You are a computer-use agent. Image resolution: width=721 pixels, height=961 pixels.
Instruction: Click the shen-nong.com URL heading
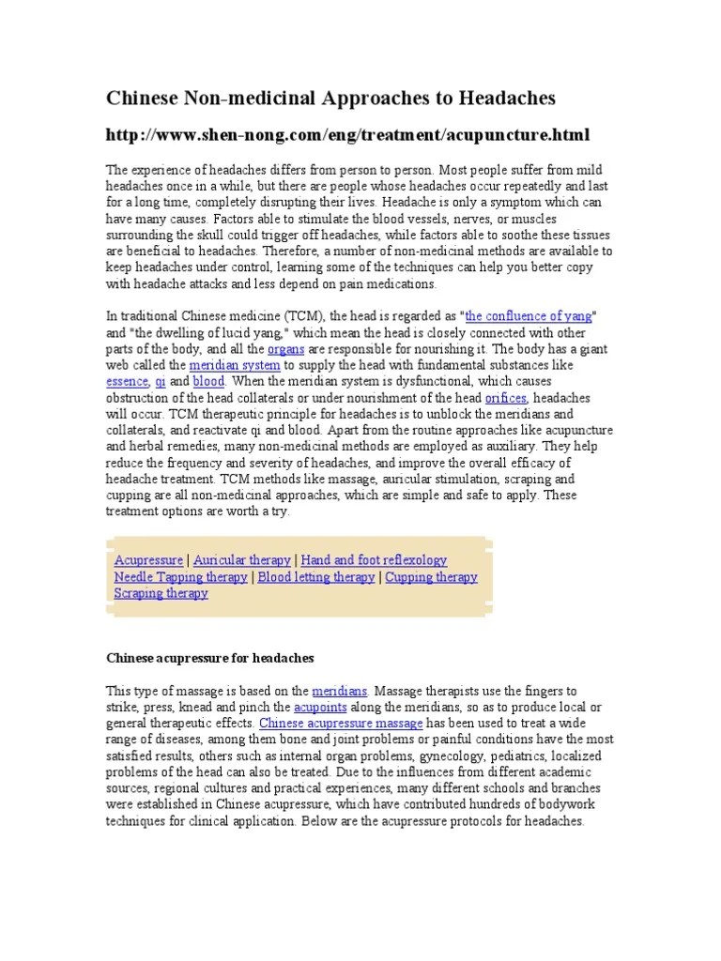pos(347,135)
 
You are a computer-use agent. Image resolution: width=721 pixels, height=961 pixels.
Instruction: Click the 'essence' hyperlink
pos(127,381)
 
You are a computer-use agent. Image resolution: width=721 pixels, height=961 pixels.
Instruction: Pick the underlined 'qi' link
pos(161,381)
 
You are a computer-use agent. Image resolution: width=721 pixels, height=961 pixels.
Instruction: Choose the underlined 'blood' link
pos(208,381)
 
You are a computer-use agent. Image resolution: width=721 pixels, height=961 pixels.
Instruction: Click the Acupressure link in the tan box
pos(148,560)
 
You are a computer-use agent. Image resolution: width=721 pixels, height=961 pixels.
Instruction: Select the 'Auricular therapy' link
pos(242,560)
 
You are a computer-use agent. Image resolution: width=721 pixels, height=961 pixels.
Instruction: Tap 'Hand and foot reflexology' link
pos(374,560)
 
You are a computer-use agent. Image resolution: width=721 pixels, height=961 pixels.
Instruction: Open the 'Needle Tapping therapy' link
pos(181,577)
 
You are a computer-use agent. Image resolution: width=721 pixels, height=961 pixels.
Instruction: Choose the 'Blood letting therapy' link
pos(315,577)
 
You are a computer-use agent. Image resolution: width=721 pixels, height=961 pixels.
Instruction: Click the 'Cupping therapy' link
pos(431,577)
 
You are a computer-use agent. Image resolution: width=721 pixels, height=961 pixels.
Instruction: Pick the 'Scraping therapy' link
pos(161,593)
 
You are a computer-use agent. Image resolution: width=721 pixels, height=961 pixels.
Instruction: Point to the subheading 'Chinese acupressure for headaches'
pos(209,658)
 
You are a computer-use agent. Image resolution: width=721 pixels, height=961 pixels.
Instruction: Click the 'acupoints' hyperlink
pos(320,707)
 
